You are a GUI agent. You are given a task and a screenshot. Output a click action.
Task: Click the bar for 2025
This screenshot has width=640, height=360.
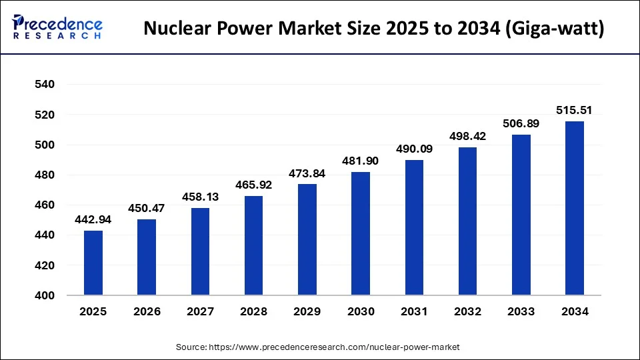pyautogui.click(x=93, y=263)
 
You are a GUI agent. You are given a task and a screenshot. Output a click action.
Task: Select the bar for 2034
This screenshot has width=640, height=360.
pyautogui.click(x=575, y=208)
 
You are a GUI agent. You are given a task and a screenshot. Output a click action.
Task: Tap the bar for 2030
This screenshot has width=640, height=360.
pyautogui.click(x=361, y=233)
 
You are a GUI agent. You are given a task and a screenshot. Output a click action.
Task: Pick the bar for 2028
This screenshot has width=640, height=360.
pyautogui.click(x=254, y=245)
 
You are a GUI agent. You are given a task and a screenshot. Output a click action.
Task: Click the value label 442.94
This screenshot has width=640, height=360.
pyautogui.click(x=93, y=220)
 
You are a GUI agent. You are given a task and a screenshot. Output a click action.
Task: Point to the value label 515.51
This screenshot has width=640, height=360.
pyautogui.click(x=575, y=111)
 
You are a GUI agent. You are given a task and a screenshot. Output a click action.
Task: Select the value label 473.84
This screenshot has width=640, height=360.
pyautogui.click(x=307, y=173)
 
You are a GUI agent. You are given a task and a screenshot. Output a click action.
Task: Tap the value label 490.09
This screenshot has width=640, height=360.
pyautogui.click(x=414, y=149)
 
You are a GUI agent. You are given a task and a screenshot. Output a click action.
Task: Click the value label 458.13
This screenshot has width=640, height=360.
pyautogui.click(x=200, y=197)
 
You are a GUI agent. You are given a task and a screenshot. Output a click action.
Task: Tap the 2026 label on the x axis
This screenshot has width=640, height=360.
pyautogui.click(x=147, y=311)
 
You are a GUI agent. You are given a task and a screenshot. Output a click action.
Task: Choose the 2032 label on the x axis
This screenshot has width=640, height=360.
pyautogui.click(x=467, y=311)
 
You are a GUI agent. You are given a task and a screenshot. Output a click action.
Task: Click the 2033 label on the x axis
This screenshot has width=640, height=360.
pyautogui.click(x=521, y=311)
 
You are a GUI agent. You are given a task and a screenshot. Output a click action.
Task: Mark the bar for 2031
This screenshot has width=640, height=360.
pyautogui.click(x=414, y=227)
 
